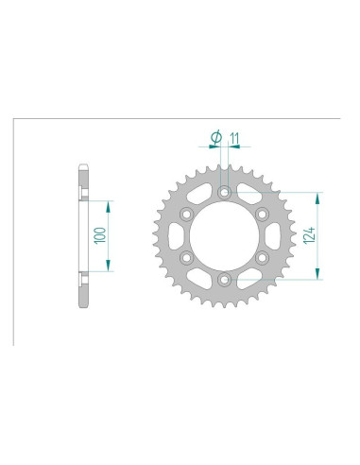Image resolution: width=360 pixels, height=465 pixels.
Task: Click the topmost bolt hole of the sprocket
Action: pyautogui.click(x=224, y=193)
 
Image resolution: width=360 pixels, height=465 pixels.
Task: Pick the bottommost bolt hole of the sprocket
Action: pyautogui.click(x=224, y=280)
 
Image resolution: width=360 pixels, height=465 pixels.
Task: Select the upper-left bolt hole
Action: pyautogui.click(x=186, y=215)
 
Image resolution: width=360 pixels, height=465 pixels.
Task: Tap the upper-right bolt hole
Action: pyautogui.click(x=262, y=215)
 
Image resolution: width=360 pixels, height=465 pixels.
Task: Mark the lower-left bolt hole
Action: pyautogui.click(x=186, y=258)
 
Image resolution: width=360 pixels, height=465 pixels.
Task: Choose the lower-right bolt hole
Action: pyautogui.click(x=262, y=258)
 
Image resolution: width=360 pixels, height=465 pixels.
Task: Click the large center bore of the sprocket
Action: pyautogui.click(x=224, y=236)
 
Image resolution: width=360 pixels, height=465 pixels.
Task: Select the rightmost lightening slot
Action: pyautogui.click(x=273, y=236)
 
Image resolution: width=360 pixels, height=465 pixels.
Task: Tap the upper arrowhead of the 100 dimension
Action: pyautogui.click(x=111, y=203)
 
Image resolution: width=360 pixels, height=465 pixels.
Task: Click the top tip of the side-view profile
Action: pyautogui.click(x=82, y=169)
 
